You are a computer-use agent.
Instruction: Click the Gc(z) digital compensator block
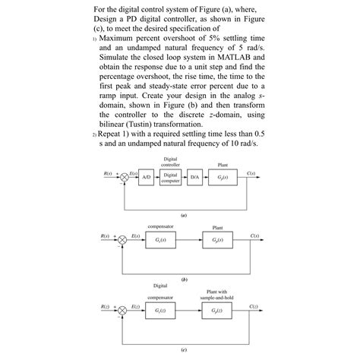[x=160, y=312]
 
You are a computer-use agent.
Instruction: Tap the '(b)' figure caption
[x=180, y=278]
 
